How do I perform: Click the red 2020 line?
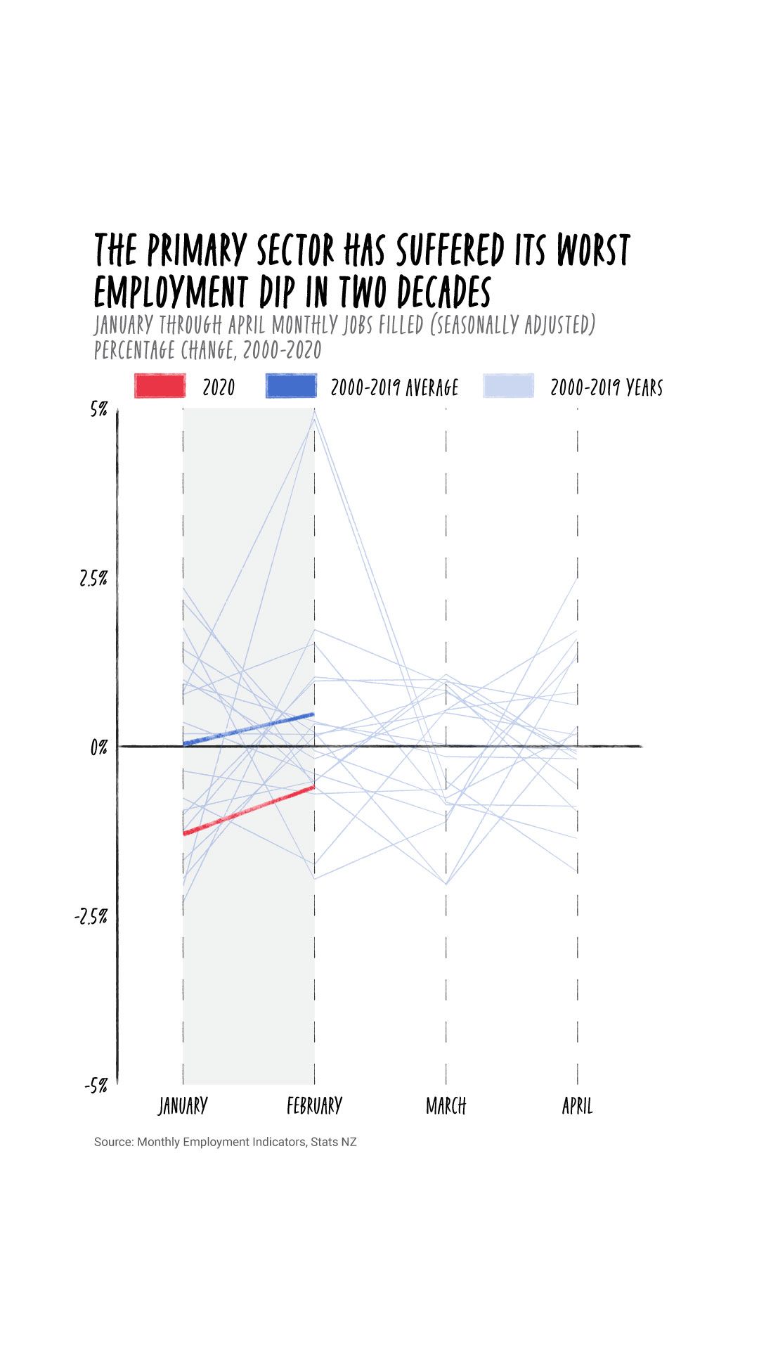[249, 810]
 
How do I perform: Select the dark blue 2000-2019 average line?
[249, 729]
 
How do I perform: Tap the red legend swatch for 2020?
[160, 386]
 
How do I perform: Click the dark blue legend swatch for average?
[291, 386]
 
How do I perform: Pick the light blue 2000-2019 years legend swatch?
[509, 386]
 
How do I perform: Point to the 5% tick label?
[98, 410]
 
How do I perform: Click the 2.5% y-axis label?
[93, 579]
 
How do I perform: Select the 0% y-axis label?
[98, 747]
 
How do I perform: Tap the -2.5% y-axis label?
[91, 916]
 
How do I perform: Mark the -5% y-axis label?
[96, 1086]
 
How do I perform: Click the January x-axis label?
[183, 1106]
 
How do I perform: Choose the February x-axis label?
[314, 1106]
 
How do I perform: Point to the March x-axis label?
[446, 1106]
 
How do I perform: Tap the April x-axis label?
[577, 1106]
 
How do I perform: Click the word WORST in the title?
[593, 250]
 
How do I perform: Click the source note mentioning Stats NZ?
[226, 1142]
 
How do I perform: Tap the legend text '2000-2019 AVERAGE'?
[394, 387]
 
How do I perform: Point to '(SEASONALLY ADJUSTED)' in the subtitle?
[512, 326]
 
